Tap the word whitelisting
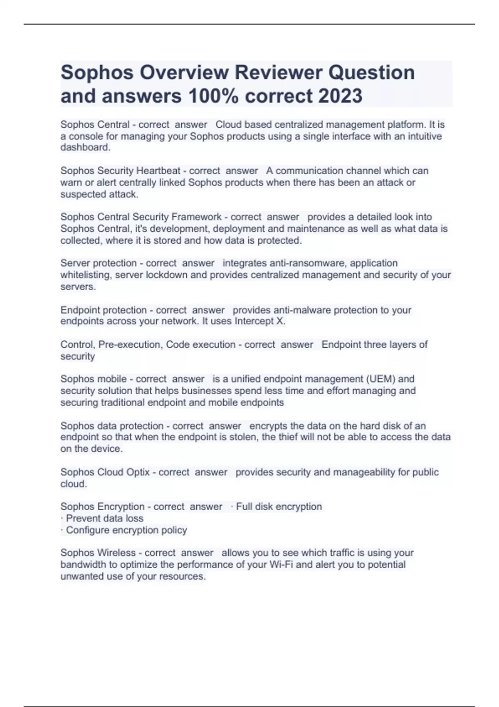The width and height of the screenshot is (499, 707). click(86, 274)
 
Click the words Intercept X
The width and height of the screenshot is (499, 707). click(259, 321)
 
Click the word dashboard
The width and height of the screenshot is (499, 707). click(85, 147)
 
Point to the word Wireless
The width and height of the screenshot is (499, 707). click(116, 553)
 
